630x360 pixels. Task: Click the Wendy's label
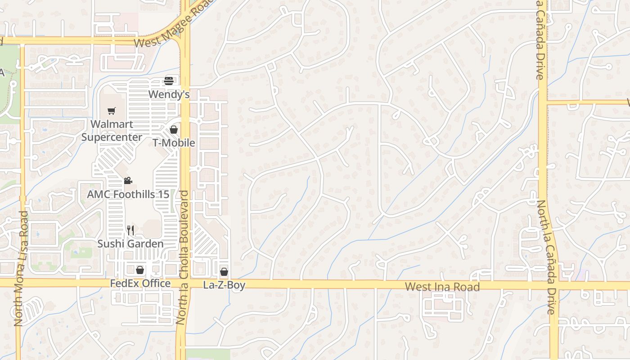169,94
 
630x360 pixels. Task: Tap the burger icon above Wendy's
169,81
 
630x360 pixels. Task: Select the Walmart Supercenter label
112,130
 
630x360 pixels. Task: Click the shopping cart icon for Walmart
112,111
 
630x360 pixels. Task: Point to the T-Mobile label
174,143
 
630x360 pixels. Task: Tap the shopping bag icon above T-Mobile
174,130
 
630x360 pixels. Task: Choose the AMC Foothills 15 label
128,194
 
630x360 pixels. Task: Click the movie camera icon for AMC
128,181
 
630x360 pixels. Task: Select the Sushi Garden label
130,244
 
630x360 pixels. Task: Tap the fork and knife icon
130,230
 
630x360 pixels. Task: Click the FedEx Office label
140,283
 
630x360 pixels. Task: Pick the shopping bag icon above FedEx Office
140,270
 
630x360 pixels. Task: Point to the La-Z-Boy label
224,285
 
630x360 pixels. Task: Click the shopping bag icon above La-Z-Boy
224,272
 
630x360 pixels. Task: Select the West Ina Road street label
442,287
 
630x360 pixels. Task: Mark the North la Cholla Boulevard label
183,257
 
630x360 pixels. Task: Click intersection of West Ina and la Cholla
184,283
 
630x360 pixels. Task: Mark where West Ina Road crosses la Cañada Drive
554,285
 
